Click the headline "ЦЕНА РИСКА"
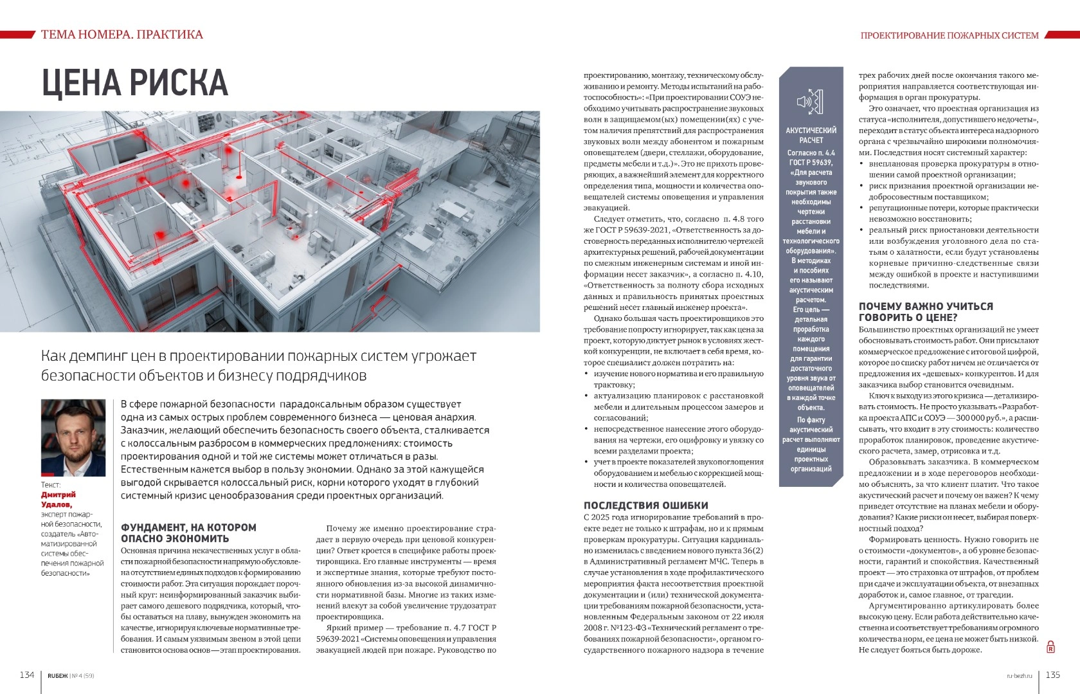[x=135, y=83]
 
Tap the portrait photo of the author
[x=73, y=437]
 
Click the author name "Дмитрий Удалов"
[x=59, y=499]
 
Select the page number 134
[x=26, y=675]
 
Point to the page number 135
[x=1053, y=675]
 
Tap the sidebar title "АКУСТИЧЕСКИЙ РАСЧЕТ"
[x=811, y=135]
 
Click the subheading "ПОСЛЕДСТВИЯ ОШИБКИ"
[x=645, y=506]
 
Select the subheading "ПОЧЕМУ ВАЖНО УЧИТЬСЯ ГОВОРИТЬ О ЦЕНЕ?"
[x=926, y=312]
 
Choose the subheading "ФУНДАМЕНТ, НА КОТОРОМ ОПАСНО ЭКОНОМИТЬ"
[x=188, y=533]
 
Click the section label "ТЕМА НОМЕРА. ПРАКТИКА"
[x=122, y=35]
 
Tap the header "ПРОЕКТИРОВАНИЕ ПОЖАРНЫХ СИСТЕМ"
[x=949, y=35]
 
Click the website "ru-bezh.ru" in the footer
[x=1019, y=675]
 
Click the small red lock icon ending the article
[x=1050, y=647]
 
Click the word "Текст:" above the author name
[x=51, y=484]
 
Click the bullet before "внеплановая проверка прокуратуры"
[x=863, y=164]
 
